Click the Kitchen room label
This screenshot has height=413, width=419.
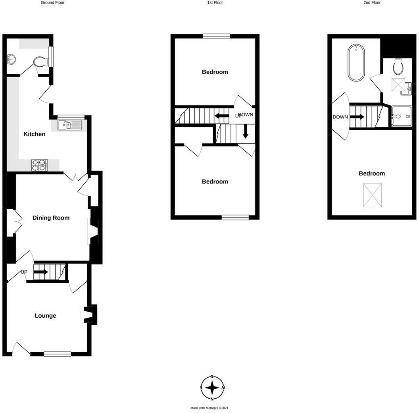(35, 134)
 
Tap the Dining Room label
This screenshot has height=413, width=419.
(51, 218)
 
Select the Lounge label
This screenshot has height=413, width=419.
(45, 316)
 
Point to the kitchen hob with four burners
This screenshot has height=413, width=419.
(39, 165)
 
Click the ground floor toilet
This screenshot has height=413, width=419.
(40, 62)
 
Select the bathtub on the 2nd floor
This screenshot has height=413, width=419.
(356, 62)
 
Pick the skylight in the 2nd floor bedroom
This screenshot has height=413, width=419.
(373, 195)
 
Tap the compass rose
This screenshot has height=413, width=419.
(213, 388)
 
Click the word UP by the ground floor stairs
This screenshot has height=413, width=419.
(24, 272)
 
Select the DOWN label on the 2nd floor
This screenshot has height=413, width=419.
(340, 117)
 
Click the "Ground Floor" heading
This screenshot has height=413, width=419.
(52, 2)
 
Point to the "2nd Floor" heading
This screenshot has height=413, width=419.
(372, 2)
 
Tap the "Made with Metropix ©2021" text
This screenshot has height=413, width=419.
(209, 408)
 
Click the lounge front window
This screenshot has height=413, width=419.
(57, 354)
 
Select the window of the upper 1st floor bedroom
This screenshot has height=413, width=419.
(216, 36)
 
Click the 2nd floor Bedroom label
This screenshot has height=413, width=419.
(372, 174)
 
